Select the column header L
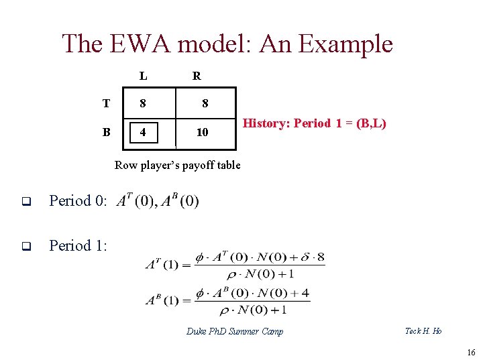click(x=144, y=76)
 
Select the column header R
click(x=197, y=76)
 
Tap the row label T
click(x=106, y=103)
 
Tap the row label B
click(x=106, y=132)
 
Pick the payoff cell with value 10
click(x=202, y=133)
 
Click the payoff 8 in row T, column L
click(x=142, y=104)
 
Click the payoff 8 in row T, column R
click(x=205, y=104)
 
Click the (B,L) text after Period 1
click(x=371, y=123)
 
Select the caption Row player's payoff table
click(x=177, y=165)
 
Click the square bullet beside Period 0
click(x=26, y=201)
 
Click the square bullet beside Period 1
click(x=26, y=246)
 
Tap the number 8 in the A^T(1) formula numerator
click(x=321, y=257)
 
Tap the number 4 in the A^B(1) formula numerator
click(x=305, y=293)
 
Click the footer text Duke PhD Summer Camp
click(x=235, y=331)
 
